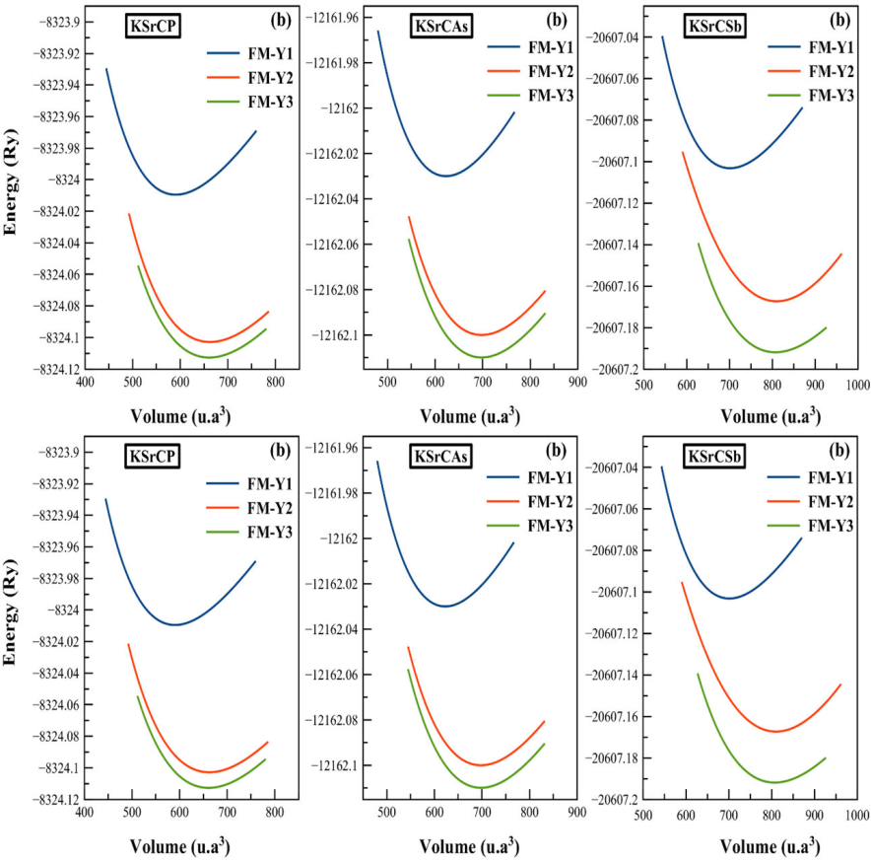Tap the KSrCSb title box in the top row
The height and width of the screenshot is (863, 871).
716,27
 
